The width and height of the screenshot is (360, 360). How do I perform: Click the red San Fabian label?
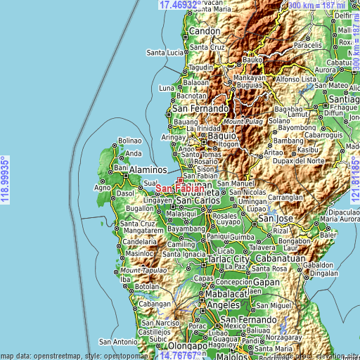point(180,188)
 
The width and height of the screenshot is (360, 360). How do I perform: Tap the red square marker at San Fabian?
point(180,180)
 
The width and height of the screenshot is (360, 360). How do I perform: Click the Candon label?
point(205,32)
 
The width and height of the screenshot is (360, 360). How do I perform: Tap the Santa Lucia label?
point(166,52)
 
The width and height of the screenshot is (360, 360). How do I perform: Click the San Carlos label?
point(198,201)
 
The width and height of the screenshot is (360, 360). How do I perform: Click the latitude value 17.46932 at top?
point(179,5)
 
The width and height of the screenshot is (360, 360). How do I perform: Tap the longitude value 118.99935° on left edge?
point(5,179)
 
